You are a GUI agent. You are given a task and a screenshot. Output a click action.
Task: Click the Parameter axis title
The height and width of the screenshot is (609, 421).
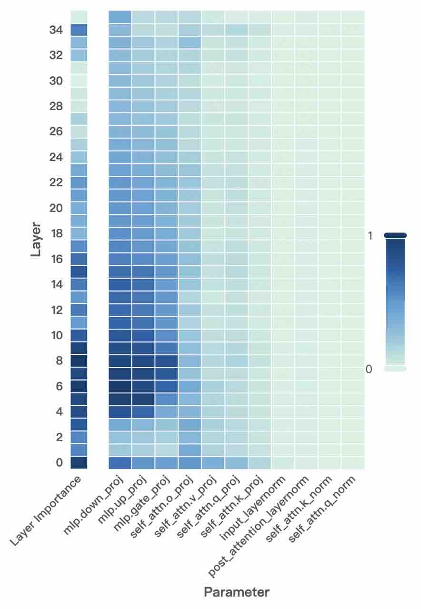click(x=237, y=592)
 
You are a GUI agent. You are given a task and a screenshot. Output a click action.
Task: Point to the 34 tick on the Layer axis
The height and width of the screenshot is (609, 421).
click(x=56, y=30)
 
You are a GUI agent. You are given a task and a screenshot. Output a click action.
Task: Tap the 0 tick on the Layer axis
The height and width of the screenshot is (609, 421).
click(x=59, y=463)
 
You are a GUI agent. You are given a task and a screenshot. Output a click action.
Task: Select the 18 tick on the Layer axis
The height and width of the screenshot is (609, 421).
click(x=56, y=233)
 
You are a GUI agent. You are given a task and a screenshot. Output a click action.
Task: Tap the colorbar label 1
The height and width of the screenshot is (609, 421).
click(x=370, y=235)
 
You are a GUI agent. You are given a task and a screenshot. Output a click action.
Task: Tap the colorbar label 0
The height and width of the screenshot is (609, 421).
click(x=369, y=369)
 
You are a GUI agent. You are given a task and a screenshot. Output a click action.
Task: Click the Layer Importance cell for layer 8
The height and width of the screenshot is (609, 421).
click(x=79, y=361)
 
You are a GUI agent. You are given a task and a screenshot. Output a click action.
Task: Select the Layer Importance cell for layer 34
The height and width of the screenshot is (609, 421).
click(x=79, y=30)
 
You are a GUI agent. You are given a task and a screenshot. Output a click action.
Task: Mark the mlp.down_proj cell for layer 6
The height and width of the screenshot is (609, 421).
click(x=120, y=386)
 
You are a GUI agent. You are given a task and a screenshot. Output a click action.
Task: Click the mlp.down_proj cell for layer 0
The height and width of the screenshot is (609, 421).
click(x=120, y=463)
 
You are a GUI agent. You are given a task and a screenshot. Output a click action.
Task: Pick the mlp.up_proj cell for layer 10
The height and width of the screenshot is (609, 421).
click(x=143, y=335)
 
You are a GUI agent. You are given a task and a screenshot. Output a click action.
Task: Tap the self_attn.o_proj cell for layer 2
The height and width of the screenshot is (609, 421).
click(x=190, y=437)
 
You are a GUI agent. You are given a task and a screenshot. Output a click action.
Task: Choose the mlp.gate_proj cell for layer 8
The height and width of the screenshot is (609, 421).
click(x=167, y=361)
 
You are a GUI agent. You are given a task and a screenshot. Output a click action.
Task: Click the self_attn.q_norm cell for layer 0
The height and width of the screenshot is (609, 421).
click(x=353, y=463)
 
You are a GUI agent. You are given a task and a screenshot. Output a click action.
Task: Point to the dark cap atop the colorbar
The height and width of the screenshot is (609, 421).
click(x=395, y=235)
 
